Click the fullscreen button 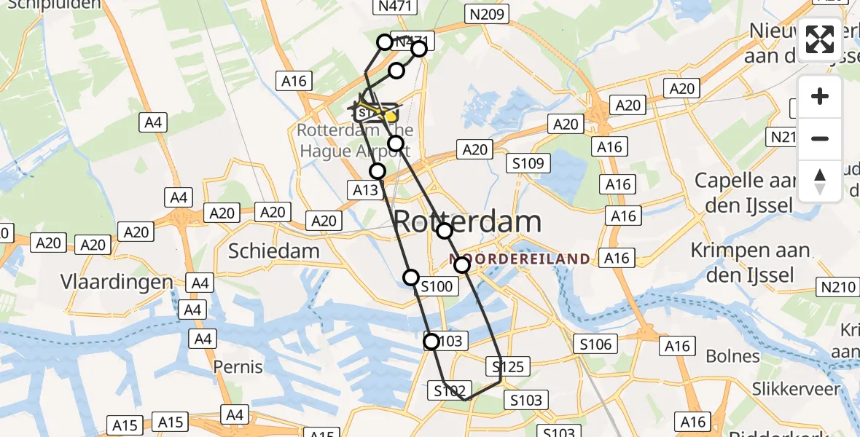(x=820, y=39)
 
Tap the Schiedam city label (x=274, y=251)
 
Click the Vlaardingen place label (x=117, y=282)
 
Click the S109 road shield (x=528, y=163)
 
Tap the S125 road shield (x=508, y=366)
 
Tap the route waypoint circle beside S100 (x=412, y=277)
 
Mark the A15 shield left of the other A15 (x=126, y=424)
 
